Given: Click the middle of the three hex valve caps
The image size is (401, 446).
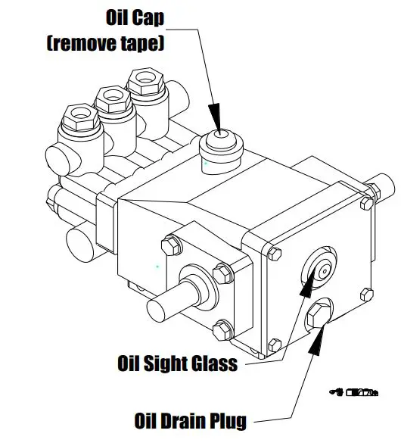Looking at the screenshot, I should [110, 96].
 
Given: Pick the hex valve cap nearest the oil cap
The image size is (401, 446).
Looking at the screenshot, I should [144, 79].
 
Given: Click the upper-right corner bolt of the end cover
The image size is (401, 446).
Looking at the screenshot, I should [366, 202].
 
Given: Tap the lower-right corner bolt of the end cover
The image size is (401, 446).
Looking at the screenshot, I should [367, 294].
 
